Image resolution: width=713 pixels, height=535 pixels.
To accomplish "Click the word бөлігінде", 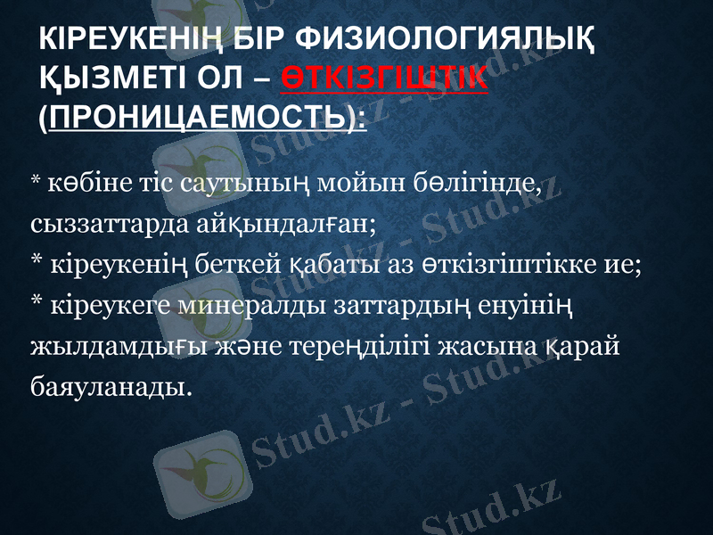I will pyautogui.click(x=486, y=187).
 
